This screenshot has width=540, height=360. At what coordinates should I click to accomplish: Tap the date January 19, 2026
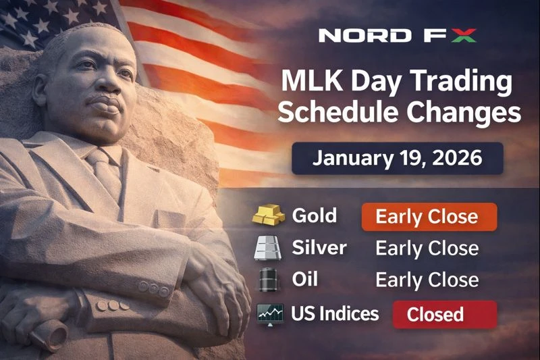[397, 159]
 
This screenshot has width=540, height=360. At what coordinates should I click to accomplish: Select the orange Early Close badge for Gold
[429, 217]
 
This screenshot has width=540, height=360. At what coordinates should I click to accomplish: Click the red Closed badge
[444, 314]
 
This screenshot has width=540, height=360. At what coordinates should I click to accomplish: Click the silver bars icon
[269, 249]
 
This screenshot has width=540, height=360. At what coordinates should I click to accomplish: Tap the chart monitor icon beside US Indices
[269, 313]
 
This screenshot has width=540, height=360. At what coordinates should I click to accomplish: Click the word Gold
[314, 216]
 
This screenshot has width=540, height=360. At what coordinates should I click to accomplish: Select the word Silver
[319, 248]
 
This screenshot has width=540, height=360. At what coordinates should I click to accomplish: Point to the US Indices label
[334, 313]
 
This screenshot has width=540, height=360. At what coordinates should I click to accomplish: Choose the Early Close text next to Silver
[427, 249]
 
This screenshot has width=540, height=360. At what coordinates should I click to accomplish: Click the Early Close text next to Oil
[427, 280]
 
